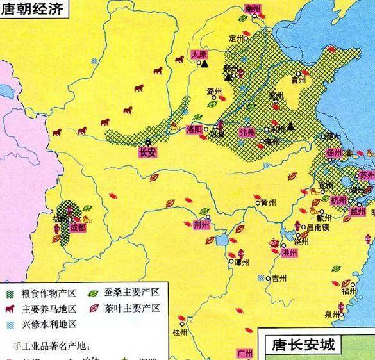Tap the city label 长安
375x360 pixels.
(147, 153)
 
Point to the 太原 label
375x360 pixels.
(200, 56)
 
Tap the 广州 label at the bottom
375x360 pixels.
(246, 353)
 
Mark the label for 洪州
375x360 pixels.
(289, 252)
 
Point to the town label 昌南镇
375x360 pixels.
(318, 227)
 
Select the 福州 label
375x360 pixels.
(349, 291)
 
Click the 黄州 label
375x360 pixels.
(267, 202)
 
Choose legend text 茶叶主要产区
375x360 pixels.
(133, 308)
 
